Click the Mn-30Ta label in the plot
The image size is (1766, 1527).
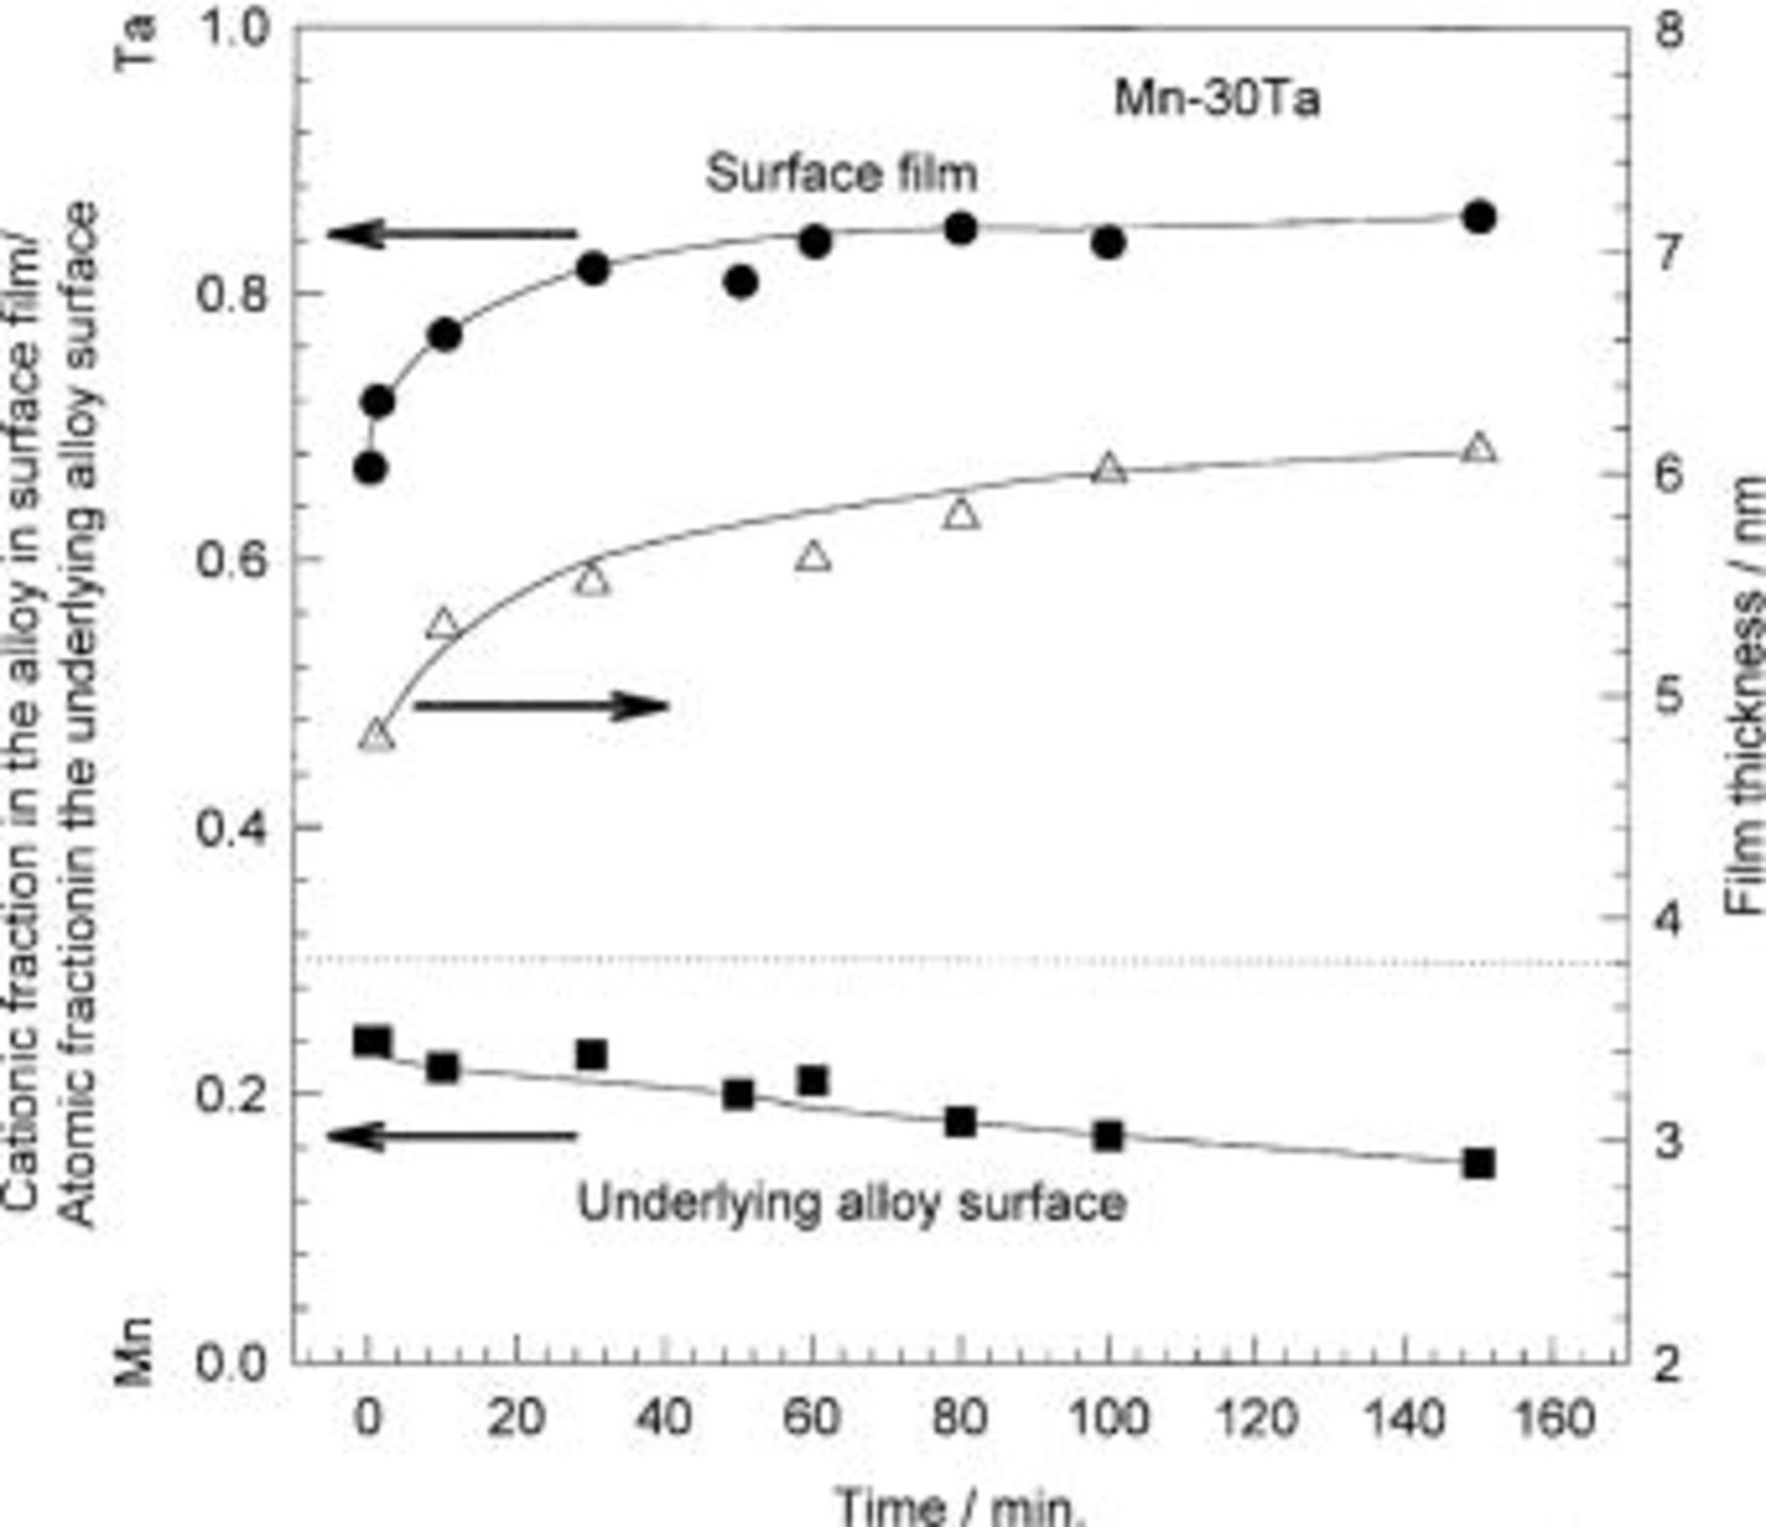(1217, 100)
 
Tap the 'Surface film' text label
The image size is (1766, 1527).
(842, 175)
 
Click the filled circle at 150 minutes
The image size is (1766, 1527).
(1479, 217)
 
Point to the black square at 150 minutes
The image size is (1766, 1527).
(1479, 1164)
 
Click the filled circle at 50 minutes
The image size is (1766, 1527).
(742, 283)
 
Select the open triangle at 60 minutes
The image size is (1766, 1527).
(813, 557)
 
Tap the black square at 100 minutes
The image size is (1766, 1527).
(1109, 1136)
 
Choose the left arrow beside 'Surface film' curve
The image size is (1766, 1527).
(452, 235)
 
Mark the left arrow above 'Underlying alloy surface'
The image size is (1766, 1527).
(452, 1136)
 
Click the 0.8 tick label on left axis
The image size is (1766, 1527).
(232, 293)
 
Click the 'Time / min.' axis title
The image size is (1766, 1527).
(961, 1505)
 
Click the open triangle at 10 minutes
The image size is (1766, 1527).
(443, 624)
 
